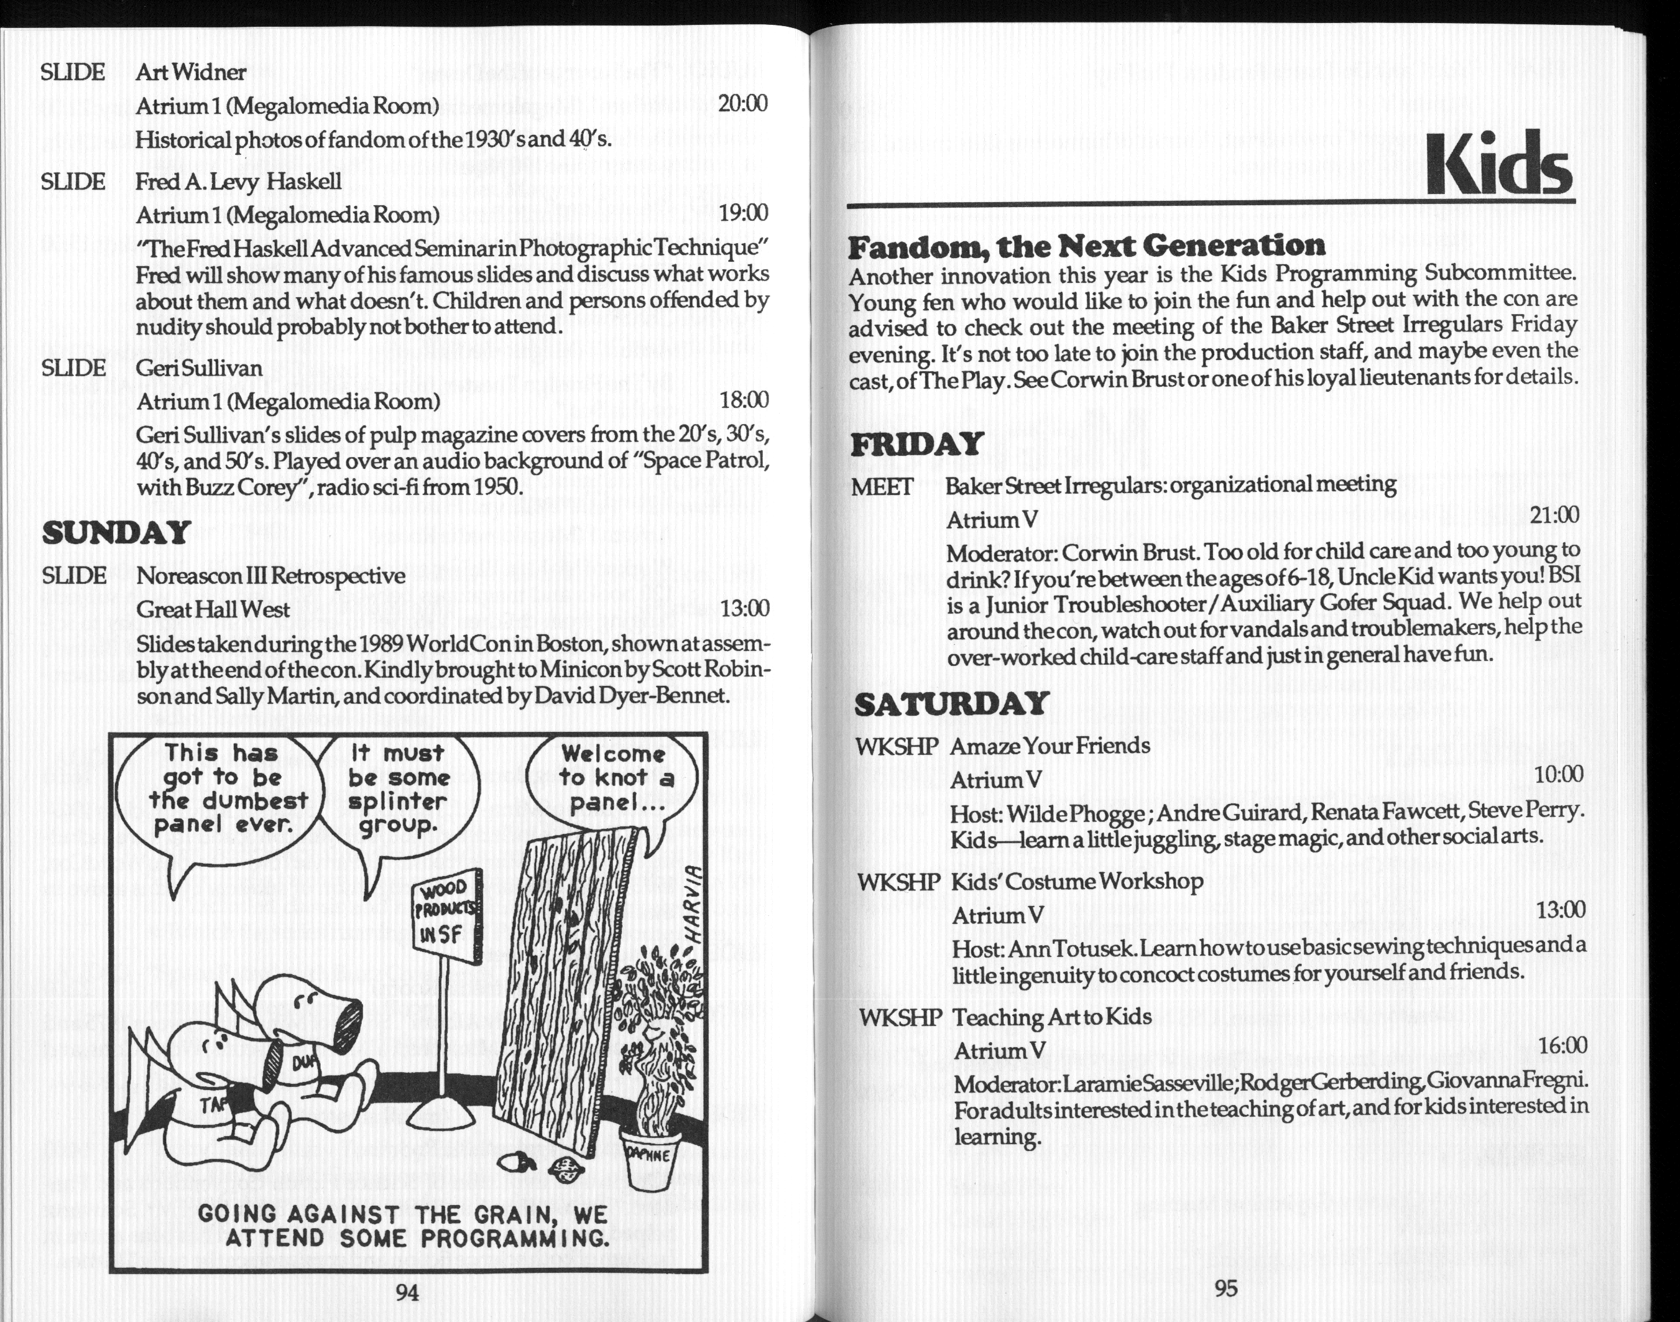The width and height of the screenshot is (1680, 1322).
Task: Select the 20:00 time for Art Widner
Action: [x=742, y=103]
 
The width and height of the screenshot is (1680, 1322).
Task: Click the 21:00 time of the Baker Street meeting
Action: [x=1554, y=515]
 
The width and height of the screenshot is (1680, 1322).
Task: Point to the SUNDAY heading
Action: [x=116, y=532]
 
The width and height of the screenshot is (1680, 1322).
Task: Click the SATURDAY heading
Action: [x=951, y=703]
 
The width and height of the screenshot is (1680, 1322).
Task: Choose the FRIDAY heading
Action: [x=916, y=444]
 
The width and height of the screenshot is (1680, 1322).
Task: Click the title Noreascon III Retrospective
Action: [x=270, y=576]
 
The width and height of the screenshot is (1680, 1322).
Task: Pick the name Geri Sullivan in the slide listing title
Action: [x=199, y=367]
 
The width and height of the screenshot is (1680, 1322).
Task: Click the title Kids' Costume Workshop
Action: [x=1076, y=882]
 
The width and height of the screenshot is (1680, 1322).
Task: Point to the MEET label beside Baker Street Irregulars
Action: [x=882, y=487]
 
